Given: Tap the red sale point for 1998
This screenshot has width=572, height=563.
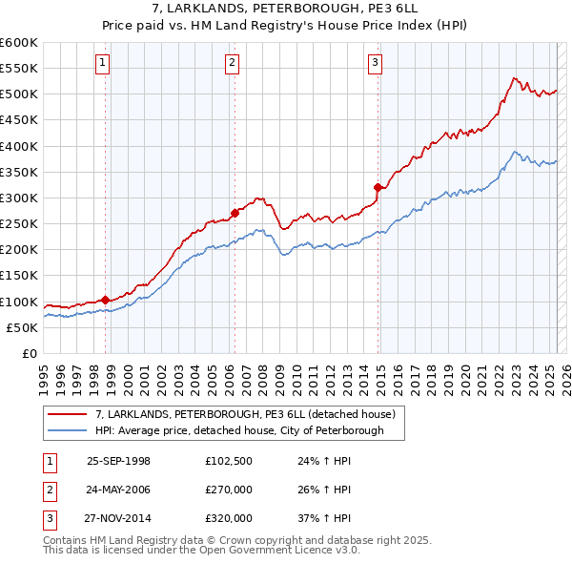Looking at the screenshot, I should [x=105, y=300].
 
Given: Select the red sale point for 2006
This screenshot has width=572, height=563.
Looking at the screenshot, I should [x=235, y=213].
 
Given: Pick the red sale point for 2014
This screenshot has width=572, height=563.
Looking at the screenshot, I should [x=378, y=187].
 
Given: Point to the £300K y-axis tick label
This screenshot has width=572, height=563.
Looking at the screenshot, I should [x=18, y=198].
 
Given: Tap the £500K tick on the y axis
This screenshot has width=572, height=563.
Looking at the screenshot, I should [x=18, y=94].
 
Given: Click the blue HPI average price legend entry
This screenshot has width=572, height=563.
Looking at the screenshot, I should [x=238, y=430].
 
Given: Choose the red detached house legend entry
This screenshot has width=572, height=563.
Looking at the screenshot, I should [x=251, y=413].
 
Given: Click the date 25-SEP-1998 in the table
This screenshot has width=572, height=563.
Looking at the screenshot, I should [x=118, y=460].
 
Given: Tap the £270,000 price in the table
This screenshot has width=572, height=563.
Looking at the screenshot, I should [x=229, y=490].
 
